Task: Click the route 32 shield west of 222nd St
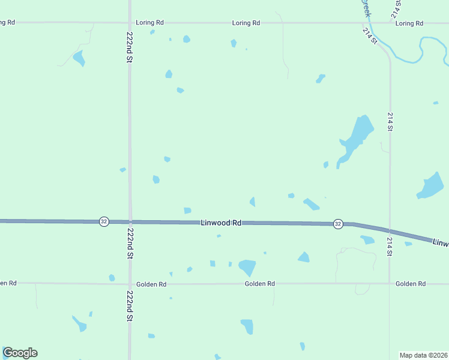coord(104,221)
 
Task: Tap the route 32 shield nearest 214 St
coord(338,224)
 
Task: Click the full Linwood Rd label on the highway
coord(220,223)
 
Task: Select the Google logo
coord(20,353)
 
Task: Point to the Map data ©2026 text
coord(423,355)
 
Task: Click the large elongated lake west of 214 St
coord(355,139)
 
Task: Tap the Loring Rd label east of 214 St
coord(409,23)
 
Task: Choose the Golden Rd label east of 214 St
coord(411,283)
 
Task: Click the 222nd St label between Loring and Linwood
coord(129,47)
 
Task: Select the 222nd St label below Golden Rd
coord(129,306)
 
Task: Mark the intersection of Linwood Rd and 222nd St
coord(130,222)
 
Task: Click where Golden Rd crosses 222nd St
coord(130,283)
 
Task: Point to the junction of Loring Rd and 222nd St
coord(130,23)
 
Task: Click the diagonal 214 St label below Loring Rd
coord(370,36)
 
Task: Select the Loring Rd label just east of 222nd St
coord(149,23)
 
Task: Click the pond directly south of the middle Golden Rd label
coord(247,326)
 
